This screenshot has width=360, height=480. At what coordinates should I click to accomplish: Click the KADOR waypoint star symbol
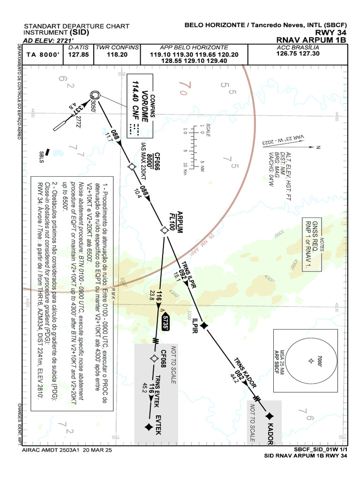[x=270, y=416]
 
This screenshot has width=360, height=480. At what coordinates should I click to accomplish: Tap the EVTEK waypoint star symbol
[x=149, y=426]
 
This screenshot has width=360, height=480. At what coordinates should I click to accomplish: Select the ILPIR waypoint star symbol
[x=204, y=325]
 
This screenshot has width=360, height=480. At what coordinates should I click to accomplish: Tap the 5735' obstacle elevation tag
[x=165, y=323]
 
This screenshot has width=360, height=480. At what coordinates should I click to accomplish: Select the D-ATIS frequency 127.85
[x=78, y=54]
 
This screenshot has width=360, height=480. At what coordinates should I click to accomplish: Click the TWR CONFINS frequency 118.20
[x=117, y=54]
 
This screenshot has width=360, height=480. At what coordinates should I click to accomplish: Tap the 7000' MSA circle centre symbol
[x=310, y=360]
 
